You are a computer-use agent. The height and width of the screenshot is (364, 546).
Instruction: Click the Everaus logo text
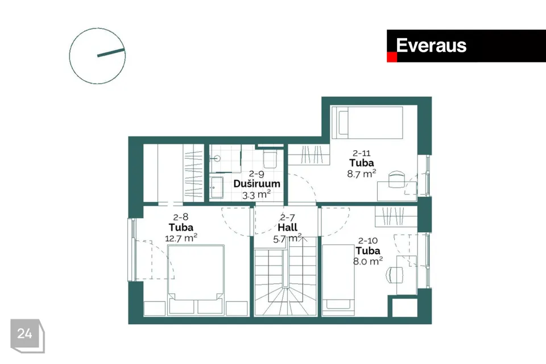pyautogui.click(x=431, y=45)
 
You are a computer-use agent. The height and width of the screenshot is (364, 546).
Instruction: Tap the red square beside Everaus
pyautogui.click(x=392, y=57)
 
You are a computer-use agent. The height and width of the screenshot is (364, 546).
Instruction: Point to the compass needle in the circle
pyautogui.click(x=111, y=52)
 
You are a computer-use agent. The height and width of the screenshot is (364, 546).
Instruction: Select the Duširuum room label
pyautogui.click(x=257, y=184)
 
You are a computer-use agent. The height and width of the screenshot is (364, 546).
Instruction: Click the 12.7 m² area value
pyautogui.click(x=181, y=238)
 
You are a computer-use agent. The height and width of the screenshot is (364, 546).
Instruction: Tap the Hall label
pyautogui.click(x=287, y=227)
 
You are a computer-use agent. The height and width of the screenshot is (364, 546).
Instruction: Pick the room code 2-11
pyautogui.click(x=362, y=153)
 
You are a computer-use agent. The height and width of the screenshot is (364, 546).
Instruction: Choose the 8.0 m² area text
pyautogui.click(x=368, y=261)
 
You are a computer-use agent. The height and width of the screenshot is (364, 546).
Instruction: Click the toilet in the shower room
pyautogui.click(x=270, y=158)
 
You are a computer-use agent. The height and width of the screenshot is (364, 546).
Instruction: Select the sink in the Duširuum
pyautogui.click(x=217, y=187)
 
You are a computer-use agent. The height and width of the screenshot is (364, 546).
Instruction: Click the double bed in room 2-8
pyautogui.click(x=196, y=272)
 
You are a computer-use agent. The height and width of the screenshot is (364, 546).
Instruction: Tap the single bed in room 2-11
pyautogui.click(x=367, y=123)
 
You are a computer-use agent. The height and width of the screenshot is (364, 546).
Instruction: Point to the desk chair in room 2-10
pyautogui.click(x=394, y=275)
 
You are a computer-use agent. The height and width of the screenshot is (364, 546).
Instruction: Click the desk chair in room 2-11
pyautogui.click(x=396, y=179)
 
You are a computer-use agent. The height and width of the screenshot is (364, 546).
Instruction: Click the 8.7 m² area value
pyautogui.click(x=362, y=173)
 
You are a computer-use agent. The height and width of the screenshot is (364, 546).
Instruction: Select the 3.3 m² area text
pyautogui.click(x=257, y=195)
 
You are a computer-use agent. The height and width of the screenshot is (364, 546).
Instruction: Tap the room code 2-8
pyautogui.click(x=181, y=217)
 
